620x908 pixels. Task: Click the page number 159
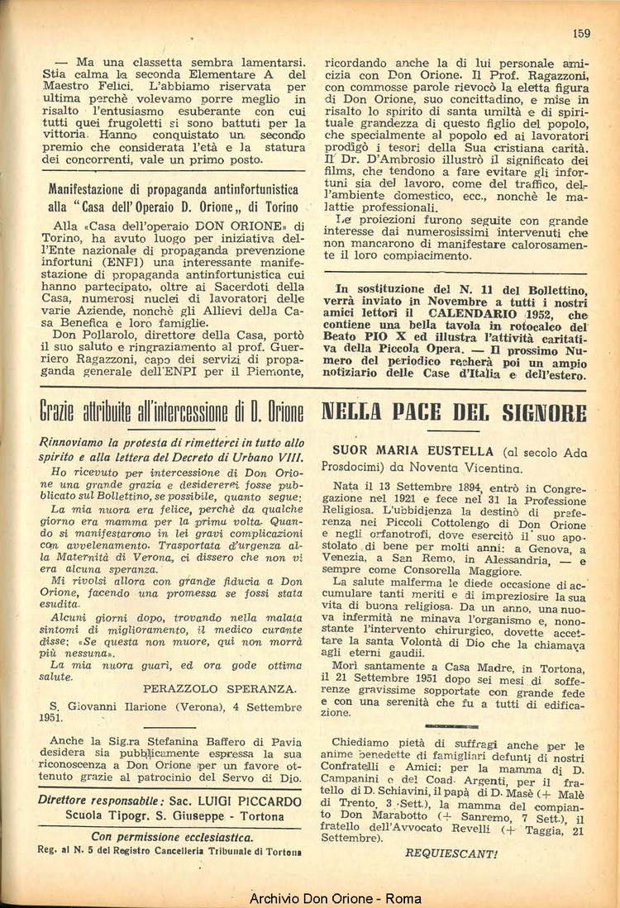click(580, 33)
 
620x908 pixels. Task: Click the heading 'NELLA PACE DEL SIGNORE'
click(453, 411)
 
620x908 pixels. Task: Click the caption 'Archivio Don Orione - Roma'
click(335, 898)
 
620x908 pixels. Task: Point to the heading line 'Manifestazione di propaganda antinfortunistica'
click(173, 188)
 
